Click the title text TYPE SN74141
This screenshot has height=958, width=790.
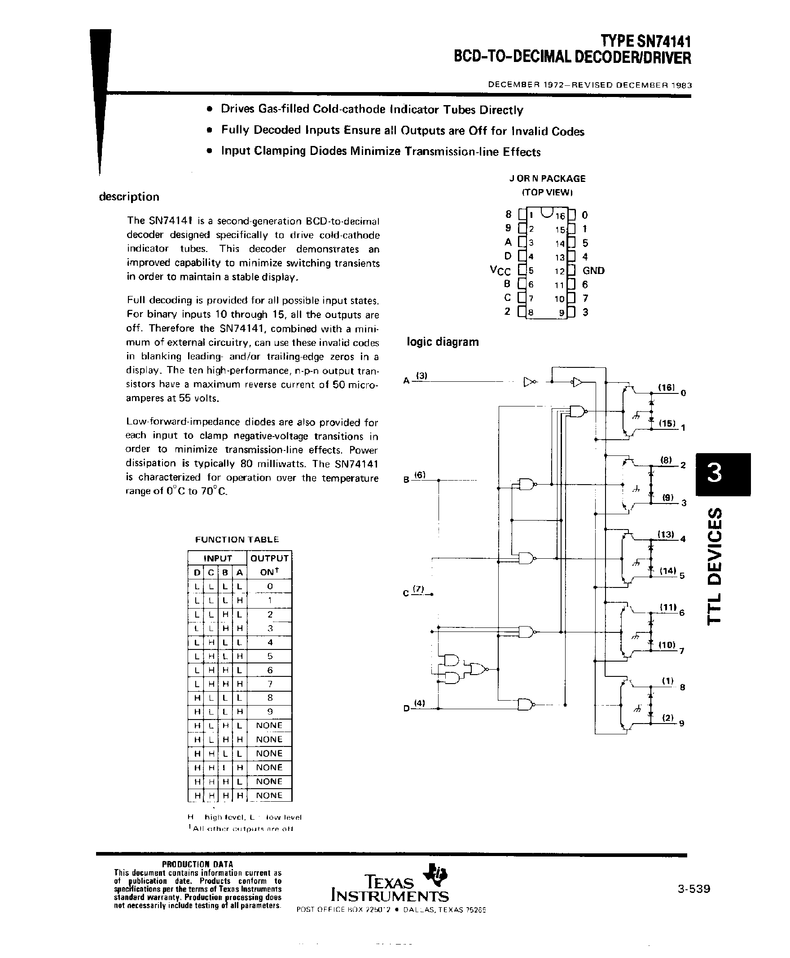click(x=645, y=42)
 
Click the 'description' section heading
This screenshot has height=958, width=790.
click(x=129, y=197)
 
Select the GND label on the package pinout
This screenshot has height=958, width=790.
click(x=593, y=270)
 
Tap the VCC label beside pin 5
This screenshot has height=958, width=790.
click(x=500, y=271)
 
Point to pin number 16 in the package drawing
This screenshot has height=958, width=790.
click(x=559, y=216)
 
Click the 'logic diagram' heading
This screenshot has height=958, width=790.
click(x=442, y=341)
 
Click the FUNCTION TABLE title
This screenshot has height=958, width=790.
click(x=237, y=539)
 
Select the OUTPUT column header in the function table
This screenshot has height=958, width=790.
click(x=269, y=558)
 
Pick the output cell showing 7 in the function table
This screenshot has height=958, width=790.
click(x=270, y=684)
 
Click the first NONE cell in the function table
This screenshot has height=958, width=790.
click(x=269, y=725)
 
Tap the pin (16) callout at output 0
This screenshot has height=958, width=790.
click(x=666, y=387)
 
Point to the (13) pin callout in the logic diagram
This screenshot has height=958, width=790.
click(x=666, y=534)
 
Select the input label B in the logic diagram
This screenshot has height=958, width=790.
click(x=406, y=480)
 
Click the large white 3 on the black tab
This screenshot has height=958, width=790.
click(x=715, y=473)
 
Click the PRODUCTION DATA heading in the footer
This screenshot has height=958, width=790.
click(x=197, y=864)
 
